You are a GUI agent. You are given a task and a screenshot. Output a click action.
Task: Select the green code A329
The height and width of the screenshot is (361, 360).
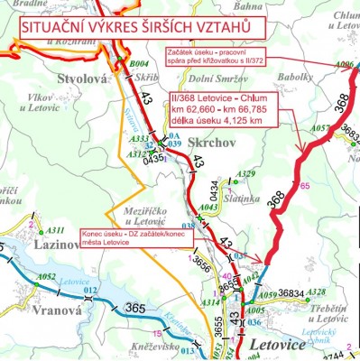(245, 174)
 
